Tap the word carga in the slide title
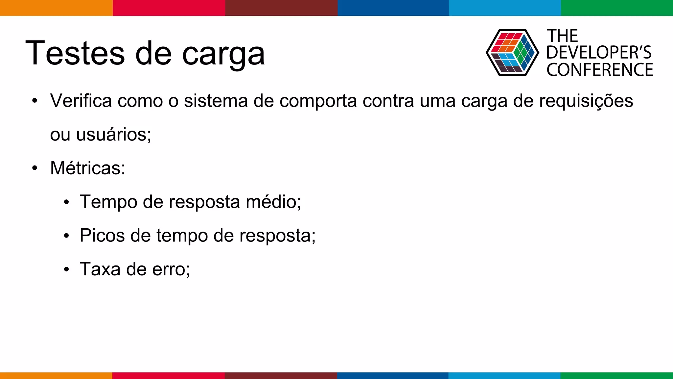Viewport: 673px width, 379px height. point(223,54)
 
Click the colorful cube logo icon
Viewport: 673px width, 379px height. point(512,53)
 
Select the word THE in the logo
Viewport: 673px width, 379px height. point(562,36)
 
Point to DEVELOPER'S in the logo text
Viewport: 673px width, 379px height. point(599,53)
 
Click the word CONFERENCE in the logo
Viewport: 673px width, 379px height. point(600,70)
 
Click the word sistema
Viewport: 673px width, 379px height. point(216,101)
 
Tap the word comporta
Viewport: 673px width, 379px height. point(318,101)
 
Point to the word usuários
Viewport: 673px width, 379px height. point(113,135)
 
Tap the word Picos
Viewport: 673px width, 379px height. point(102,236)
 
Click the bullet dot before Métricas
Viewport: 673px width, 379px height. point(35,168)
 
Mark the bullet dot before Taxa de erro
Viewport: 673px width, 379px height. point(66,269)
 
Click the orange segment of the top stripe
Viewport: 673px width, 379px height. point(56,8)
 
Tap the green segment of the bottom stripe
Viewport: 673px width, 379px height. point(616,375)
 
